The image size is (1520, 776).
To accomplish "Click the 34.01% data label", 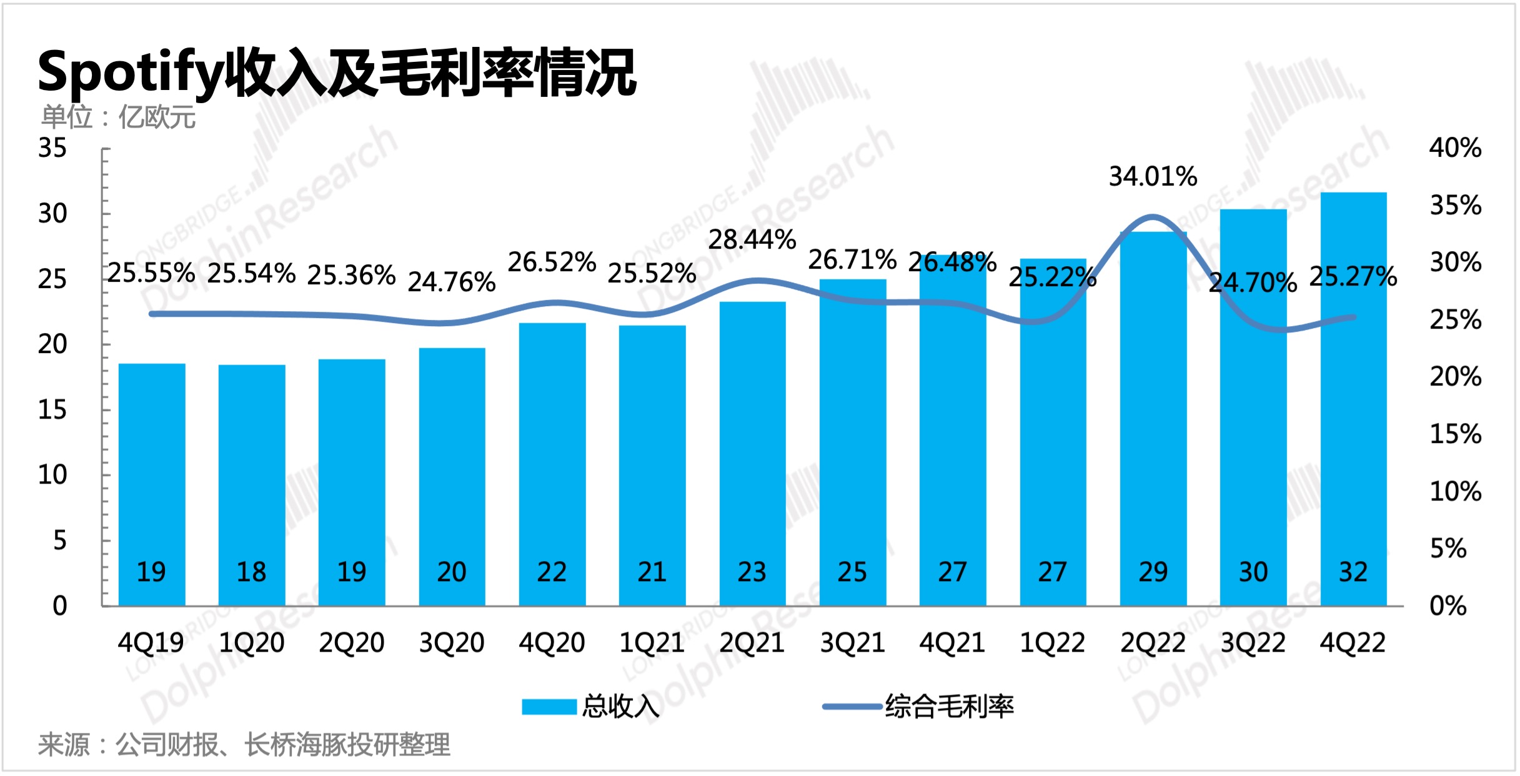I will (x=1153, y=177).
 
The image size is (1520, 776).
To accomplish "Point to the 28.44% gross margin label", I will (x=752, y=240).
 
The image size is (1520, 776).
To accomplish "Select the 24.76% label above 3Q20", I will (x=452, y=282).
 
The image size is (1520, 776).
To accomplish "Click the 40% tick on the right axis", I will (x=1455, y=148).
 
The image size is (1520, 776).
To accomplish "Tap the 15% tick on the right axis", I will (x=1455, y=434).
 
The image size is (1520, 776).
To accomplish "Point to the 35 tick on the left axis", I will (x=52, y=149).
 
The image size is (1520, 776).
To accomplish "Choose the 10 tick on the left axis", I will (x=52, y=475).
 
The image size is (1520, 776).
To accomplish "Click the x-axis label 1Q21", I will (x=652, y=643).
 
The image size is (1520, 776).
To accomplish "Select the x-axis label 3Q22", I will (x=1253, y=643).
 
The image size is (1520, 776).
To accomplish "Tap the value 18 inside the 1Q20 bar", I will (x=251, y=572).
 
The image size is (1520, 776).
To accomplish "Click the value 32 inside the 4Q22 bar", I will (x=1353, y=572).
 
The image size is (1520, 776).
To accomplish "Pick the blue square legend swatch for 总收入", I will (x=549, y=707).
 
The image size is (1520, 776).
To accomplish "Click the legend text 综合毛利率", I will (x=949, y=707).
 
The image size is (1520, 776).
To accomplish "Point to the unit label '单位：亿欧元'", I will (x=118, y=117).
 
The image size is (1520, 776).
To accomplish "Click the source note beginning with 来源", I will (x=244, y=745).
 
